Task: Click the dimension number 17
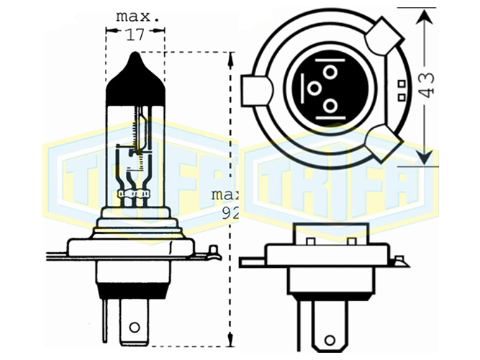(x=135, y=35)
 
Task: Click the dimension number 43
(x=427, y=85)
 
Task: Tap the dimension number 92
(x=230, y=214)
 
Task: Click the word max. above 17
(x=137, y=17)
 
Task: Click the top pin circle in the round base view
(x=330, y=72)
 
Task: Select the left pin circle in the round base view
(x=314, y=89)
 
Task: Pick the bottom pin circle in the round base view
(x=330, y=107)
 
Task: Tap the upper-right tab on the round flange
(x=384, y=37)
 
